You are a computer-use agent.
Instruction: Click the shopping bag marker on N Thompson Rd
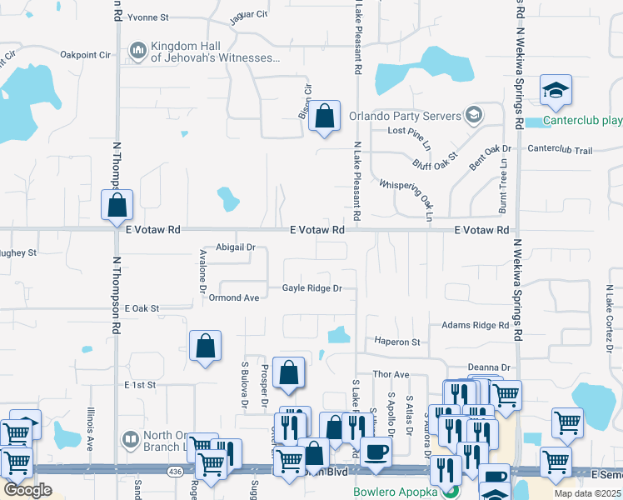(118, 205)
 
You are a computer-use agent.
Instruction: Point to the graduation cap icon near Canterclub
(556, 91)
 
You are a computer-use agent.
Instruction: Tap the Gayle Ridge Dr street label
(312, 288)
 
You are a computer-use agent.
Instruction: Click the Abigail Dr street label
(235, 247)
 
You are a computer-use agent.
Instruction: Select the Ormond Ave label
(234, 297)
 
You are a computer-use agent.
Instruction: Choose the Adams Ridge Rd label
(475, 325)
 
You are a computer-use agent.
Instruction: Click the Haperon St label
(396, 342)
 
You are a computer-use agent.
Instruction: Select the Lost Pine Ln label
(410, 132)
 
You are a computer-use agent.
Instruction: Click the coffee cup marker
(376, 452)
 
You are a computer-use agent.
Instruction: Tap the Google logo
(28, 490)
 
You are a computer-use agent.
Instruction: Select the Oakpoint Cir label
(86, 55)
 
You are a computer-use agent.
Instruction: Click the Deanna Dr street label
(488, 367)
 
